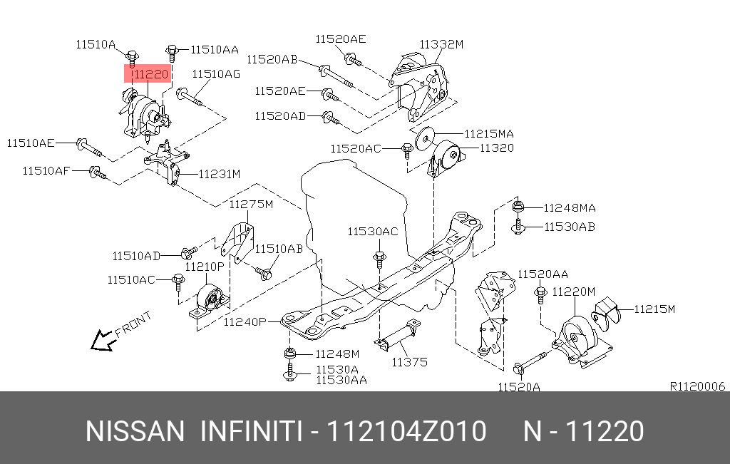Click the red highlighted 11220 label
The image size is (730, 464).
[148, 73]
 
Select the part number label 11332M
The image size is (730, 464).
[441, 44]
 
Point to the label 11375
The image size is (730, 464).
[409, 362]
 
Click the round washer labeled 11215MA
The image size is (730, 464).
[426, 136]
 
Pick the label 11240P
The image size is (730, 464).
[245, 322]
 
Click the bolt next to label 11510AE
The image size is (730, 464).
[88, 148]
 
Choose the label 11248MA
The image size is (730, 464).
[569, 208]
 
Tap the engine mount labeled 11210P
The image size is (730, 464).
[207, 299]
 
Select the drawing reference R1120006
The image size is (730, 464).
[696, 386]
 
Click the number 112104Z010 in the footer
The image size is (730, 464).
[406, 432]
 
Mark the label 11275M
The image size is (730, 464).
[251, 205]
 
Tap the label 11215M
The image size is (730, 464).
[654, 309]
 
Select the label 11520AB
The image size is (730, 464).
[272, 59]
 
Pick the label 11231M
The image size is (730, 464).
[219, 173]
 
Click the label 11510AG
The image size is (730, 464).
[216, 73]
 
